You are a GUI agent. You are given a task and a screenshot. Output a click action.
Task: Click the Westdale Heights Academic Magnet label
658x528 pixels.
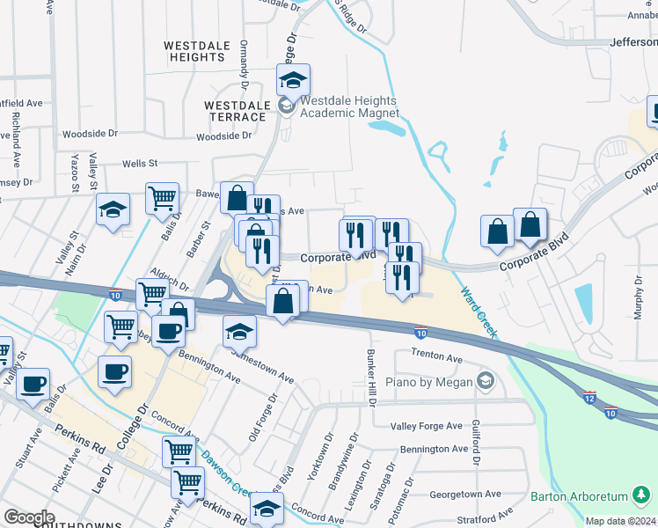(x=349, y=106)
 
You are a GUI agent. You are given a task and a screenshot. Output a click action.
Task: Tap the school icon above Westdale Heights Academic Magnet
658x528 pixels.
(x=293, y=82)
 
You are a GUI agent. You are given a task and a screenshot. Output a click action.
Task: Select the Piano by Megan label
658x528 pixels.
(x=431, y=380)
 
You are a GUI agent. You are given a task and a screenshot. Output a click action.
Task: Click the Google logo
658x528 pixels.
(x=29, y=517)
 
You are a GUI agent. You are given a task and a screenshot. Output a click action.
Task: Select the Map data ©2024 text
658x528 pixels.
(x=620, y=521)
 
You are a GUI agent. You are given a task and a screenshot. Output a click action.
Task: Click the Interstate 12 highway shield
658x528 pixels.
(x=589, y=399)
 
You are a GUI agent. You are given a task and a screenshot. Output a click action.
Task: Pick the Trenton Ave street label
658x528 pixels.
(x=436, y=358)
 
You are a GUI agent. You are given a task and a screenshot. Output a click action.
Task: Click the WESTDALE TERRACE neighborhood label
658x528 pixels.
(x=236, y=111)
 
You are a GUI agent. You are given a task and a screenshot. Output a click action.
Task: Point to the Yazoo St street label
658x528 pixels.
(x=76, y=173)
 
